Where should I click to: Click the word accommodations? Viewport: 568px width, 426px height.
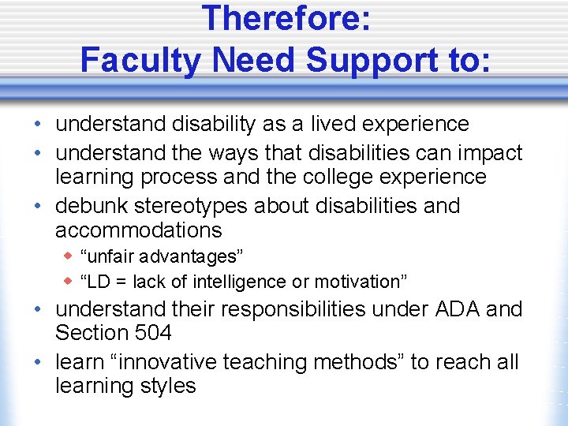pos(138,230)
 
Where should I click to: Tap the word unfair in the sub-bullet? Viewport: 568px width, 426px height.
pos(110,256)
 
